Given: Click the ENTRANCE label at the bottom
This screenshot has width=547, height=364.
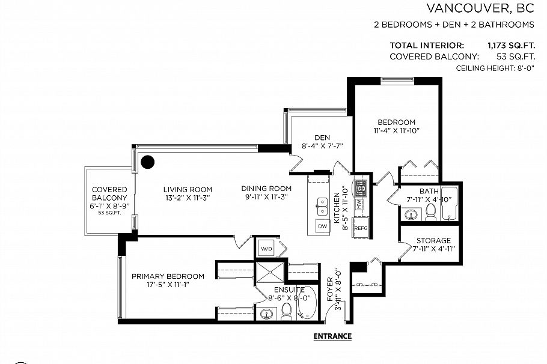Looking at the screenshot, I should [332, 336].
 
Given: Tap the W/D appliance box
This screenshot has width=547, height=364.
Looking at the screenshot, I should [265, 247].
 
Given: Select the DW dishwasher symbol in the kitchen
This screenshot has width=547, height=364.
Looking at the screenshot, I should [323, 226].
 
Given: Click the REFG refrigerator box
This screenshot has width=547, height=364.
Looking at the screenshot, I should [361, 228].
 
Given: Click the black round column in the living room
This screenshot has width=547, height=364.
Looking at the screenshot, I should [147, 162].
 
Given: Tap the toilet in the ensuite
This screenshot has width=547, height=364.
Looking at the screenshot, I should [287, 311].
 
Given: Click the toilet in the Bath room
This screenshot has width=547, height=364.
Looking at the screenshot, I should [430, 212].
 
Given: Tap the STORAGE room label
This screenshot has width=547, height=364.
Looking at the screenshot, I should [433, 241].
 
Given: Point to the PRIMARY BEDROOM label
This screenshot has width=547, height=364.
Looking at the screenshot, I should [168, 276].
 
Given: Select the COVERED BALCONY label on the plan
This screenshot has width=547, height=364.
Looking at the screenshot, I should [109, 193].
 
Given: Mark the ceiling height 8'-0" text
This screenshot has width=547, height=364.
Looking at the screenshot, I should [495, 68].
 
